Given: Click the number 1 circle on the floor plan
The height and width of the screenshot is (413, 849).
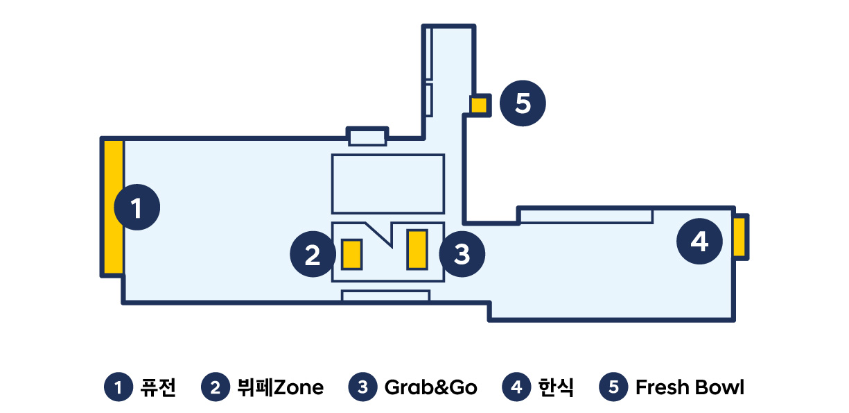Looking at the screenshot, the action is pos(137,207).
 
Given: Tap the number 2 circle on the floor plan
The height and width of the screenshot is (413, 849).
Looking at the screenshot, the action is pos(313,255).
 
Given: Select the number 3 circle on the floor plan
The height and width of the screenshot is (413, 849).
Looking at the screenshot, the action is pos(462,255).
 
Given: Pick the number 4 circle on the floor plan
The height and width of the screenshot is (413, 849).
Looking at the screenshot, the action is pos(700,242).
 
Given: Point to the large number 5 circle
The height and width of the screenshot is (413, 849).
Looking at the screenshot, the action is pos(523,104).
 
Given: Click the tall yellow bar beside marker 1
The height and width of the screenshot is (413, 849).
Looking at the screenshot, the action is pos(114,207).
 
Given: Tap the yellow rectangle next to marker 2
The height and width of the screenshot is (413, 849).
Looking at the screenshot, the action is pos(352,254).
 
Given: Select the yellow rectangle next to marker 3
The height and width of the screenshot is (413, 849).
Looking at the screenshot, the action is pos(417,248).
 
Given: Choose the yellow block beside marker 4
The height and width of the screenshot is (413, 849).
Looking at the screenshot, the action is pos(739,237).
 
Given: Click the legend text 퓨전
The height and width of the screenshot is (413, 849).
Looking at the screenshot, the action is pos(158,387).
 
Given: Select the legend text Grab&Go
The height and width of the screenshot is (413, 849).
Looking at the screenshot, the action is pos(430,387).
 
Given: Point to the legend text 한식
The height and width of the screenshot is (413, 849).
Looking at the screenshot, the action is pos(556,387).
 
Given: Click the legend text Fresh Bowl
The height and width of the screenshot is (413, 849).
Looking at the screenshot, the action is pos(690,387).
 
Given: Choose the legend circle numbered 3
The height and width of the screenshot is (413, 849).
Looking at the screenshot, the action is pos(362,387).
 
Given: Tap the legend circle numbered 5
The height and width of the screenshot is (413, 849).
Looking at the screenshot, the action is pos(613,387).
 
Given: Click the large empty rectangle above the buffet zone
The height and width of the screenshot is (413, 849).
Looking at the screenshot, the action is pos(387,183).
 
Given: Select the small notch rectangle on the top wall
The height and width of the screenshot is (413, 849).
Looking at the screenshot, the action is pos(367,136).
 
